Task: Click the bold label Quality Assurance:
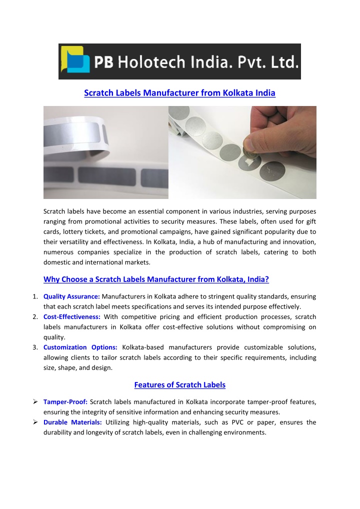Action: tap(71, 296)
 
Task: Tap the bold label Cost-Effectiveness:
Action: tap(72, 316)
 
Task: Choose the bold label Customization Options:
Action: tap(80, 347)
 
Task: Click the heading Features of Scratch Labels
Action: tap(179, 384)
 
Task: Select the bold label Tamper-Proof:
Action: tap(65, 402)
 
